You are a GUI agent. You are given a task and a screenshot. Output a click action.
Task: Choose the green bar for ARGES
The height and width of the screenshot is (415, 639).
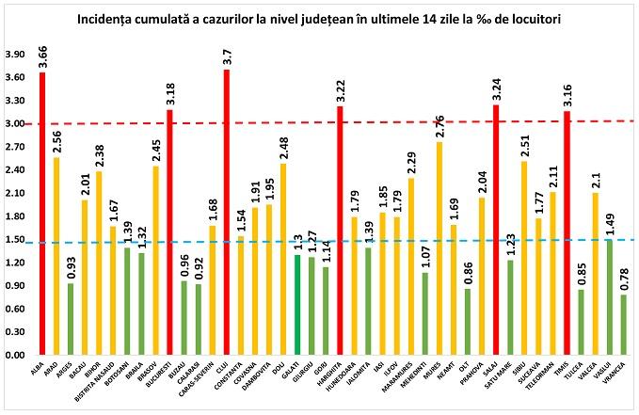pos(71,319)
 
